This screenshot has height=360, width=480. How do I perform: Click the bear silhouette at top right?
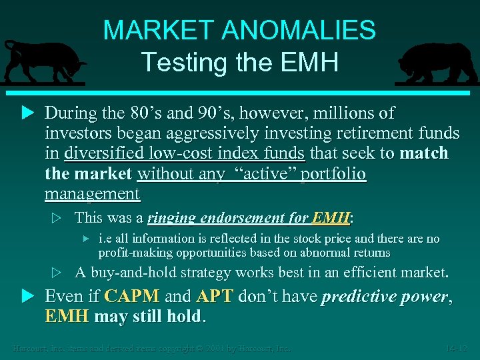coord(437,63)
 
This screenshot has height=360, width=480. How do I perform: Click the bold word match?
coord(424,153)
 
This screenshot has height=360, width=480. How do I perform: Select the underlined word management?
coord(92,195)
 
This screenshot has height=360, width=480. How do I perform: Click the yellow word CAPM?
coord(131,297)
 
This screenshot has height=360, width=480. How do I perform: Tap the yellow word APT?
coord(215,297)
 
